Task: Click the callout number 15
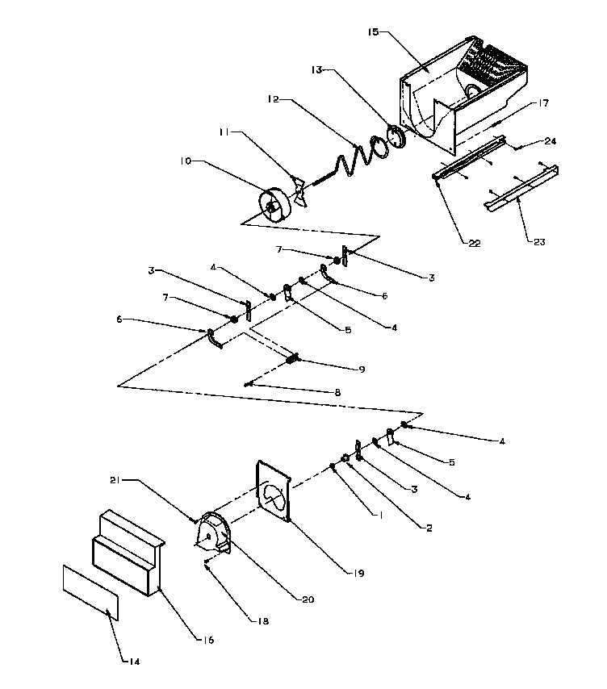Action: click(x=371, y=33)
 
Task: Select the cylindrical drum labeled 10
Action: click(x=276, y=205)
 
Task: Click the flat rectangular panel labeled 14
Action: click(x=90, y=591)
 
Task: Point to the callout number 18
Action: click(x=263, y=621)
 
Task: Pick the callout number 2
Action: click(x=429, y=528)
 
